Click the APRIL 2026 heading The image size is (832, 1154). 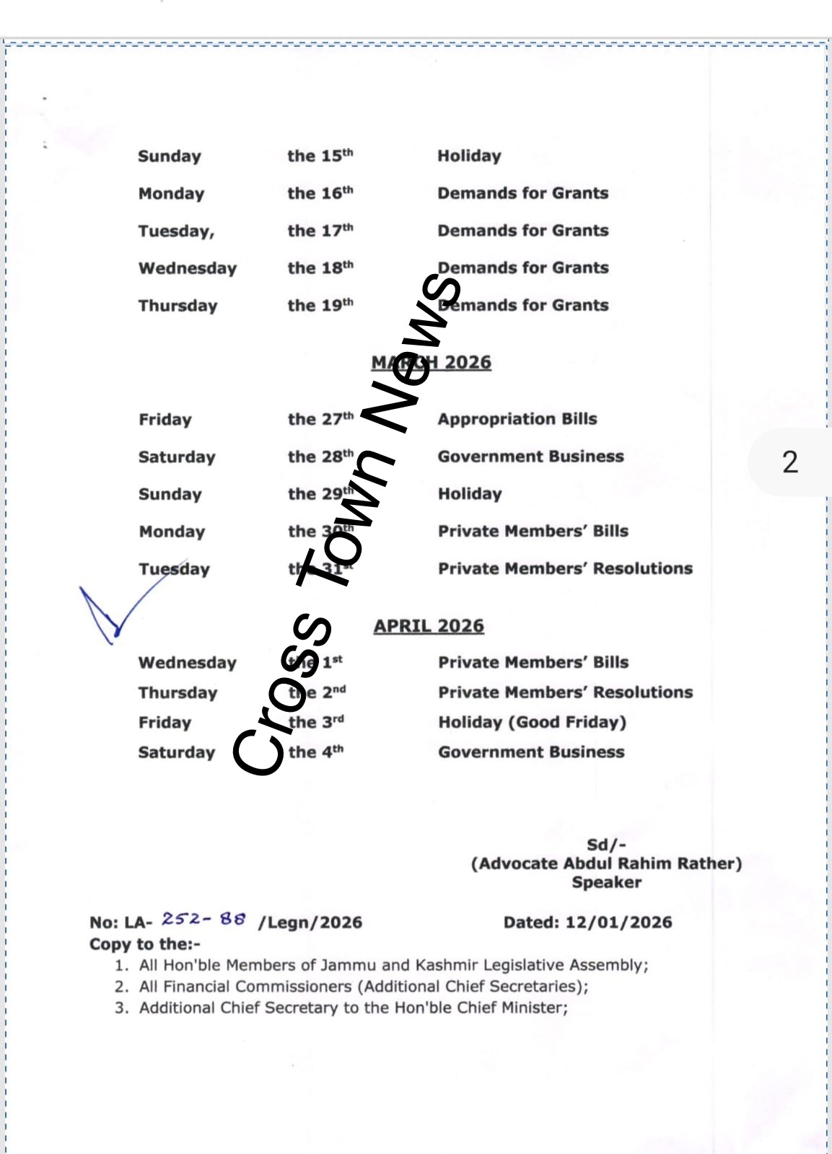(x=429, y=625)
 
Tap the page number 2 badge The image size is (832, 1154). (x=790, y=462)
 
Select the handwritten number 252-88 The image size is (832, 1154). (x=203, y=919)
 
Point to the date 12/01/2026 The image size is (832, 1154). (x=618, y=922)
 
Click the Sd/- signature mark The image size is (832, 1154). (x=606, y=845)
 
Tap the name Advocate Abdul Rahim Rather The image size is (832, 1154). (x=606, y=863)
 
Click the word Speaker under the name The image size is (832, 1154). (x=606, y=882)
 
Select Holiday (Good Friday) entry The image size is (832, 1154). (x=532, y=722)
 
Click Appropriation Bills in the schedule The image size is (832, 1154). (x=517, y=419)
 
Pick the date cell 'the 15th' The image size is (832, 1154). (x=320, y=156)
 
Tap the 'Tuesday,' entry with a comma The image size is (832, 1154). (x=176, y=231)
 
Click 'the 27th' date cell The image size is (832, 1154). (x=320, y=419)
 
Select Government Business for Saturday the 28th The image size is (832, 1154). (x=530, y=457)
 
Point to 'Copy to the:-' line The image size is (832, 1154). (x=144, y=944)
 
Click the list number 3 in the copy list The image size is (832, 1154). (x=121, y=1008)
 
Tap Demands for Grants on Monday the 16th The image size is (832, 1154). (x=522, y=193)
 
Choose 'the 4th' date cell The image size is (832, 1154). (x=315, y=752)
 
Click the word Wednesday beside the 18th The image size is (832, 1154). (x=188, y=268)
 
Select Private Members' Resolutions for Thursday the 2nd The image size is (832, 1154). (x=565, y=692)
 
